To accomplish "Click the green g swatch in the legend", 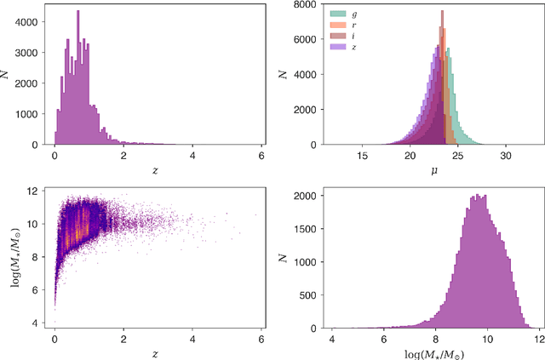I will (x=337, y=12).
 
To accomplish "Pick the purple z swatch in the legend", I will (x=337, y=47).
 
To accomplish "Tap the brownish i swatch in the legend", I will (x=337, y=36).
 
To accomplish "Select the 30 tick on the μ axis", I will (x=506, y=156).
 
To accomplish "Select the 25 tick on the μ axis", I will (x=458, y=156).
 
